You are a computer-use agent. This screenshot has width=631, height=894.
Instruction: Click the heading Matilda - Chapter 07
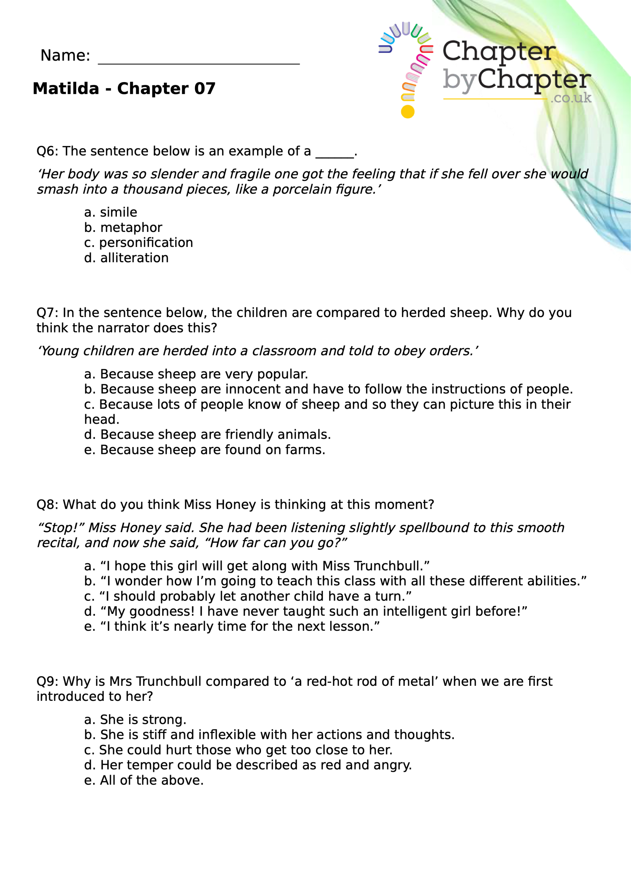tap(124, 89)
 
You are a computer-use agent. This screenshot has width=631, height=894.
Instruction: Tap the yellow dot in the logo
tap(407, 112)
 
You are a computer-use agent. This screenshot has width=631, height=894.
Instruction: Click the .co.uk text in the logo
tap(571, 98)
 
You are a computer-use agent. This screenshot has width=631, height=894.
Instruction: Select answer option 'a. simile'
tap(111, 212)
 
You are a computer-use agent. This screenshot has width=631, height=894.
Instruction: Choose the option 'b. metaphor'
tap(123, 227)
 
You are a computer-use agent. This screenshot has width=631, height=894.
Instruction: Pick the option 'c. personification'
tap(138, 243)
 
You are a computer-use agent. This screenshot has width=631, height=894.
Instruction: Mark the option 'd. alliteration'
tap(126, 258)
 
